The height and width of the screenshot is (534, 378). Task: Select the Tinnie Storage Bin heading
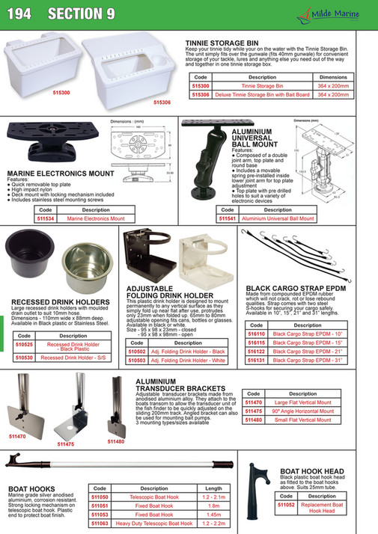(x=224, y=43)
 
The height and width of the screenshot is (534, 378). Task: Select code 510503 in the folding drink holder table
(x=137, y=360)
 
